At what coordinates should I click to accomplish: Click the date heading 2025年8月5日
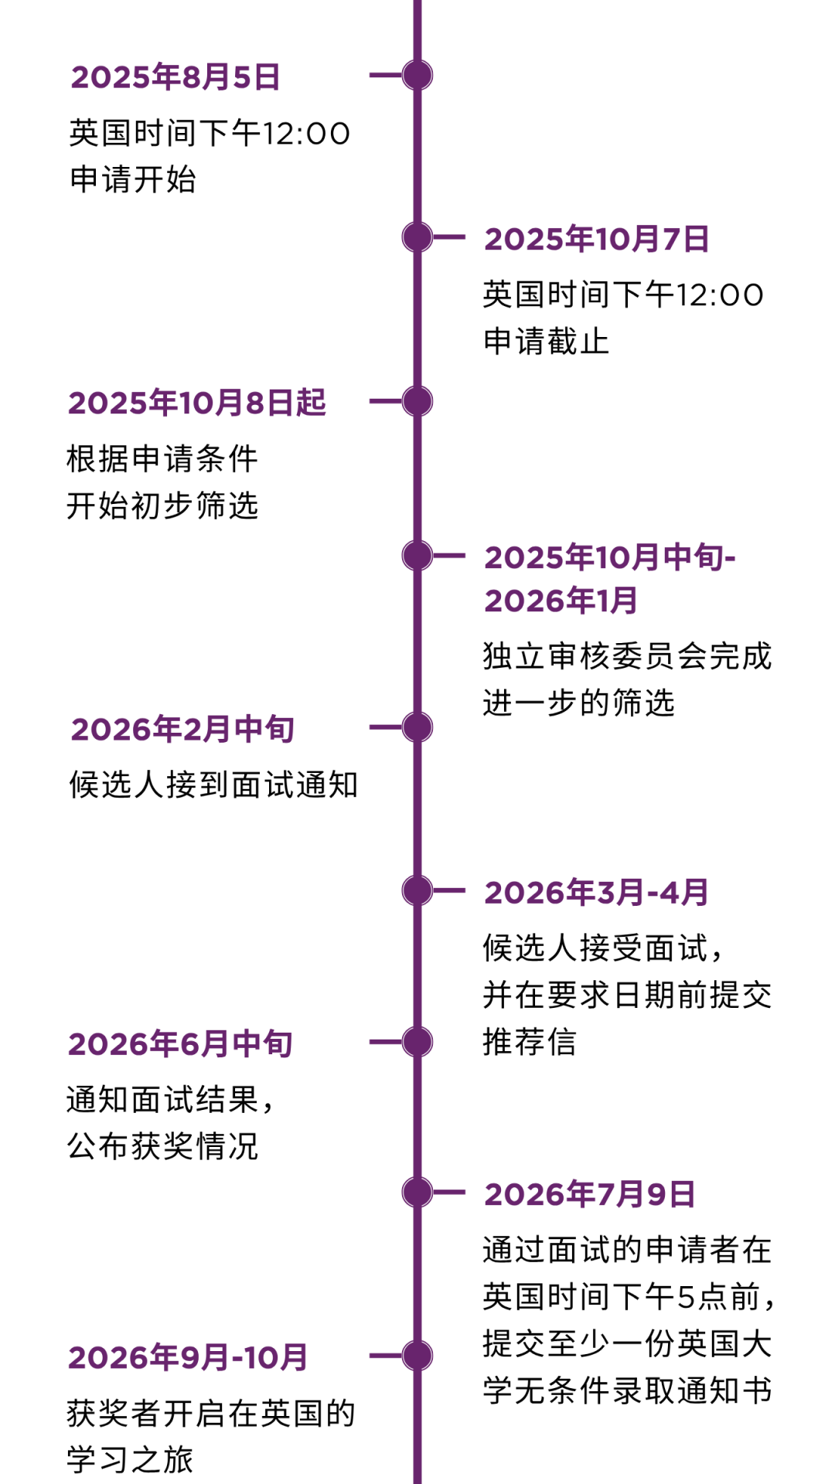(176, 77)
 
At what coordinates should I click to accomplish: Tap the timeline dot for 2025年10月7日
(417, 237)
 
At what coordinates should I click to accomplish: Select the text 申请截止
(547, 341)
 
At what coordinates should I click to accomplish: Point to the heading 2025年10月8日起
(197, 403)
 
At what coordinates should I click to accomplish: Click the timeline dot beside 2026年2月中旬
(417, 727)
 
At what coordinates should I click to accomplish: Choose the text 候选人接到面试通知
(213, 785)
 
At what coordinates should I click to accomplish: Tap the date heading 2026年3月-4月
(597, 893)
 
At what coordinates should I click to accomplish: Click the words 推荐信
(530, 1042)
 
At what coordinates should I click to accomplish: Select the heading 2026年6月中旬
(181, 1044)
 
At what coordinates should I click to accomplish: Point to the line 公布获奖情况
(162, 1146)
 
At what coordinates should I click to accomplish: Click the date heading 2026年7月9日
(590, 1194)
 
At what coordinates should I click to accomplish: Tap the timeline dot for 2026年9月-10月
(417, 1356)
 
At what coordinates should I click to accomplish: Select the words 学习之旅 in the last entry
(130, 1459)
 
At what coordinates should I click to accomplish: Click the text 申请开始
(133, 179)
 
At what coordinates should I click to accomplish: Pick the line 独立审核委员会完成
(628, 656)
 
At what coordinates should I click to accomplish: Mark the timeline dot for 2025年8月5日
(417, 75)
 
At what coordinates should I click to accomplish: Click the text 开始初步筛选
(162, 505)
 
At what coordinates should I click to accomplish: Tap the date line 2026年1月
(561, 601)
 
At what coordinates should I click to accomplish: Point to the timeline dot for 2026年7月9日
(417, 1192)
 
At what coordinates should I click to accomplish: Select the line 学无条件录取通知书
(628, 1390)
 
